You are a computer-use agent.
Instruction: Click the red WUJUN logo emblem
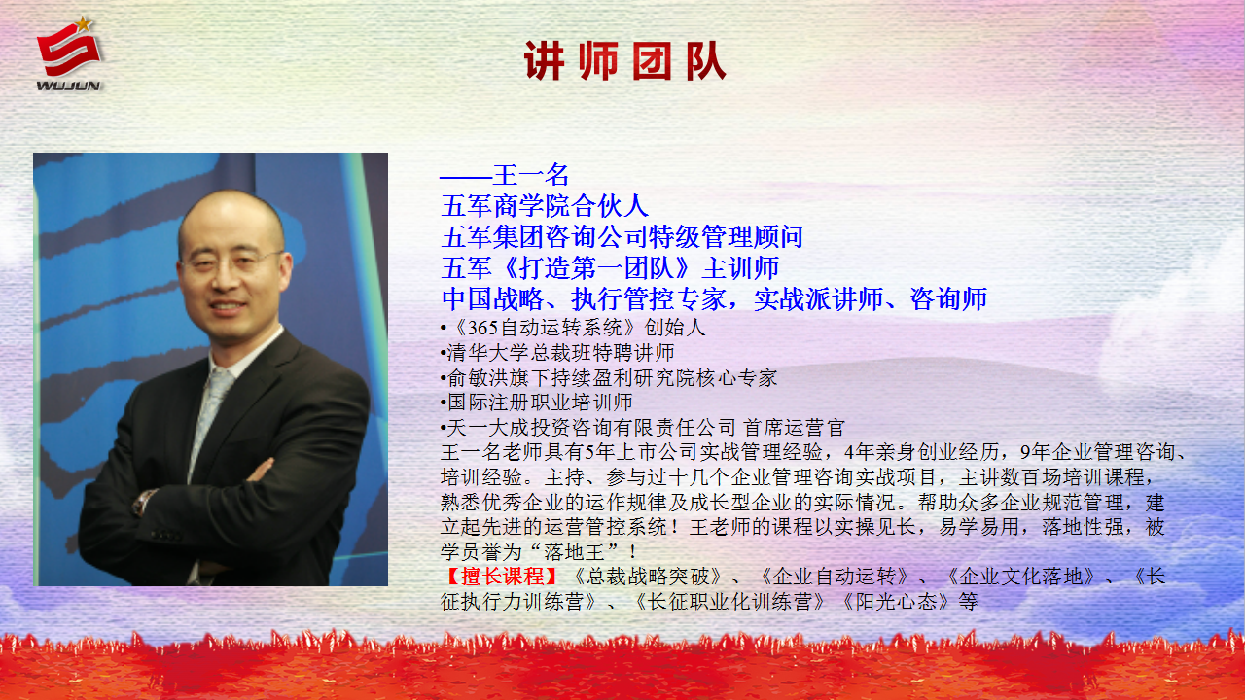[x=68, y=49]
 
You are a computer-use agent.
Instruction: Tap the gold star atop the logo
[x=84, y=23]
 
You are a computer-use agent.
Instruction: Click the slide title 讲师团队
[x=625, y=61]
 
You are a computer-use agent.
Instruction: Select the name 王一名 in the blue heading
[x=531, y=175]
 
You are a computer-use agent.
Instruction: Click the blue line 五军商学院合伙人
[x=545, y=206]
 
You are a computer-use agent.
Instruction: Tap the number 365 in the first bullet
[x=482, y=328]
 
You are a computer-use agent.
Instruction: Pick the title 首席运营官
[x=795, y=428]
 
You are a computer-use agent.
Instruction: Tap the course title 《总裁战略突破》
[x=648, y=577]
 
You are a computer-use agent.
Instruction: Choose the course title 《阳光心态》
[x=896, y=601]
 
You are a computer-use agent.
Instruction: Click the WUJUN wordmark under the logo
[x=68, y=86]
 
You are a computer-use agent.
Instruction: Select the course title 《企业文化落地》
[x=1020, y=577]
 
